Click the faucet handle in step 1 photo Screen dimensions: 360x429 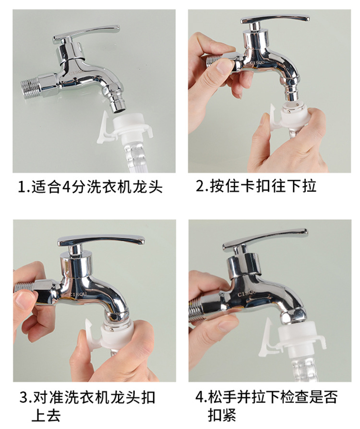click(86, 33)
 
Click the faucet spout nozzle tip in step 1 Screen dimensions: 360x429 click(117, 108)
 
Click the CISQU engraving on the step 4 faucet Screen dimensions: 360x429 click(246, 293)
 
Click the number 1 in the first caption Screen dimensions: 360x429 click(21, 187)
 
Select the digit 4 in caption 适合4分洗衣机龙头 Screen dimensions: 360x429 click(67, 187)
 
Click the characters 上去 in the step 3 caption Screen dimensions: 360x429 click(46, 415)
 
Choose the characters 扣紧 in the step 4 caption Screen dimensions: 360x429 click(222, 415)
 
